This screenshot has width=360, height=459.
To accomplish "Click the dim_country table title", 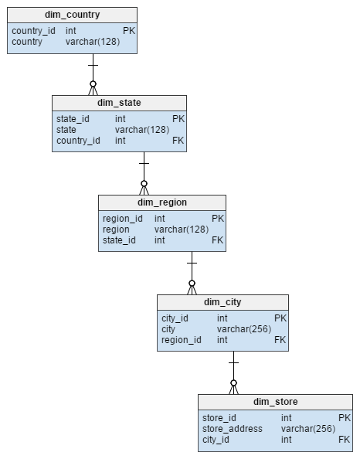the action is [x=73, y=15].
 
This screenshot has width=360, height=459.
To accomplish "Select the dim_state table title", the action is [x=119, y=103].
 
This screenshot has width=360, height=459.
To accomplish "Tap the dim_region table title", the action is [x=162, y=202].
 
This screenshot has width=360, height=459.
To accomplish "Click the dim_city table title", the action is [x=222, y=302].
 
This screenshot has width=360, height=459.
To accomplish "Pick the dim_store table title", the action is [x=276, y=402].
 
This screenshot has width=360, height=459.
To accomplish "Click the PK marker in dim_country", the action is [x=129, y=31].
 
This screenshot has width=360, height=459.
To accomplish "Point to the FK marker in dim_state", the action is [x=178, y=141].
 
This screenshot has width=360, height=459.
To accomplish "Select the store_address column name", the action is [x=233, y=429].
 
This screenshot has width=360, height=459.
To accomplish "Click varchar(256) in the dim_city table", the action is [x=244, y=329].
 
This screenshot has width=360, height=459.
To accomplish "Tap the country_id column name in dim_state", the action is [x=78, y=141].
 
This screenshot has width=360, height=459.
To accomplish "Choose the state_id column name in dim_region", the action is [x=119, y=240].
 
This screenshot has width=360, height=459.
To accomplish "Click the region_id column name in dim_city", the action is [x=182, y=340].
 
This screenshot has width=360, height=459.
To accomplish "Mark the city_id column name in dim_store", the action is [x=216, y=440].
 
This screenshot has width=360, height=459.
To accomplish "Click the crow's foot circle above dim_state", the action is [x=93, y=84].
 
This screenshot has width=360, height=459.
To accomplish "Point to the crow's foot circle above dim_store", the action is [x=233, y=383].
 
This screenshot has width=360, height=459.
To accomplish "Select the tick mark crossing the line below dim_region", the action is [x=192, y=263].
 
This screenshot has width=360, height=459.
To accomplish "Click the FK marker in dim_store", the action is [x=345, y=440].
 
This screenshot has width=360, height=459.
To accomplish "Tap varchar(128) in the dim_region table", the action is [x=182, y=229].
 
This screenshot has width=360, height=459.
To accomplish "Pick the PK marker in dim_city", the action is [x=280, y=318].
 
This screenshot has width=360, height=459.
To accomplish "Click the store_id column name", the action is [x=219, y=418].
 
